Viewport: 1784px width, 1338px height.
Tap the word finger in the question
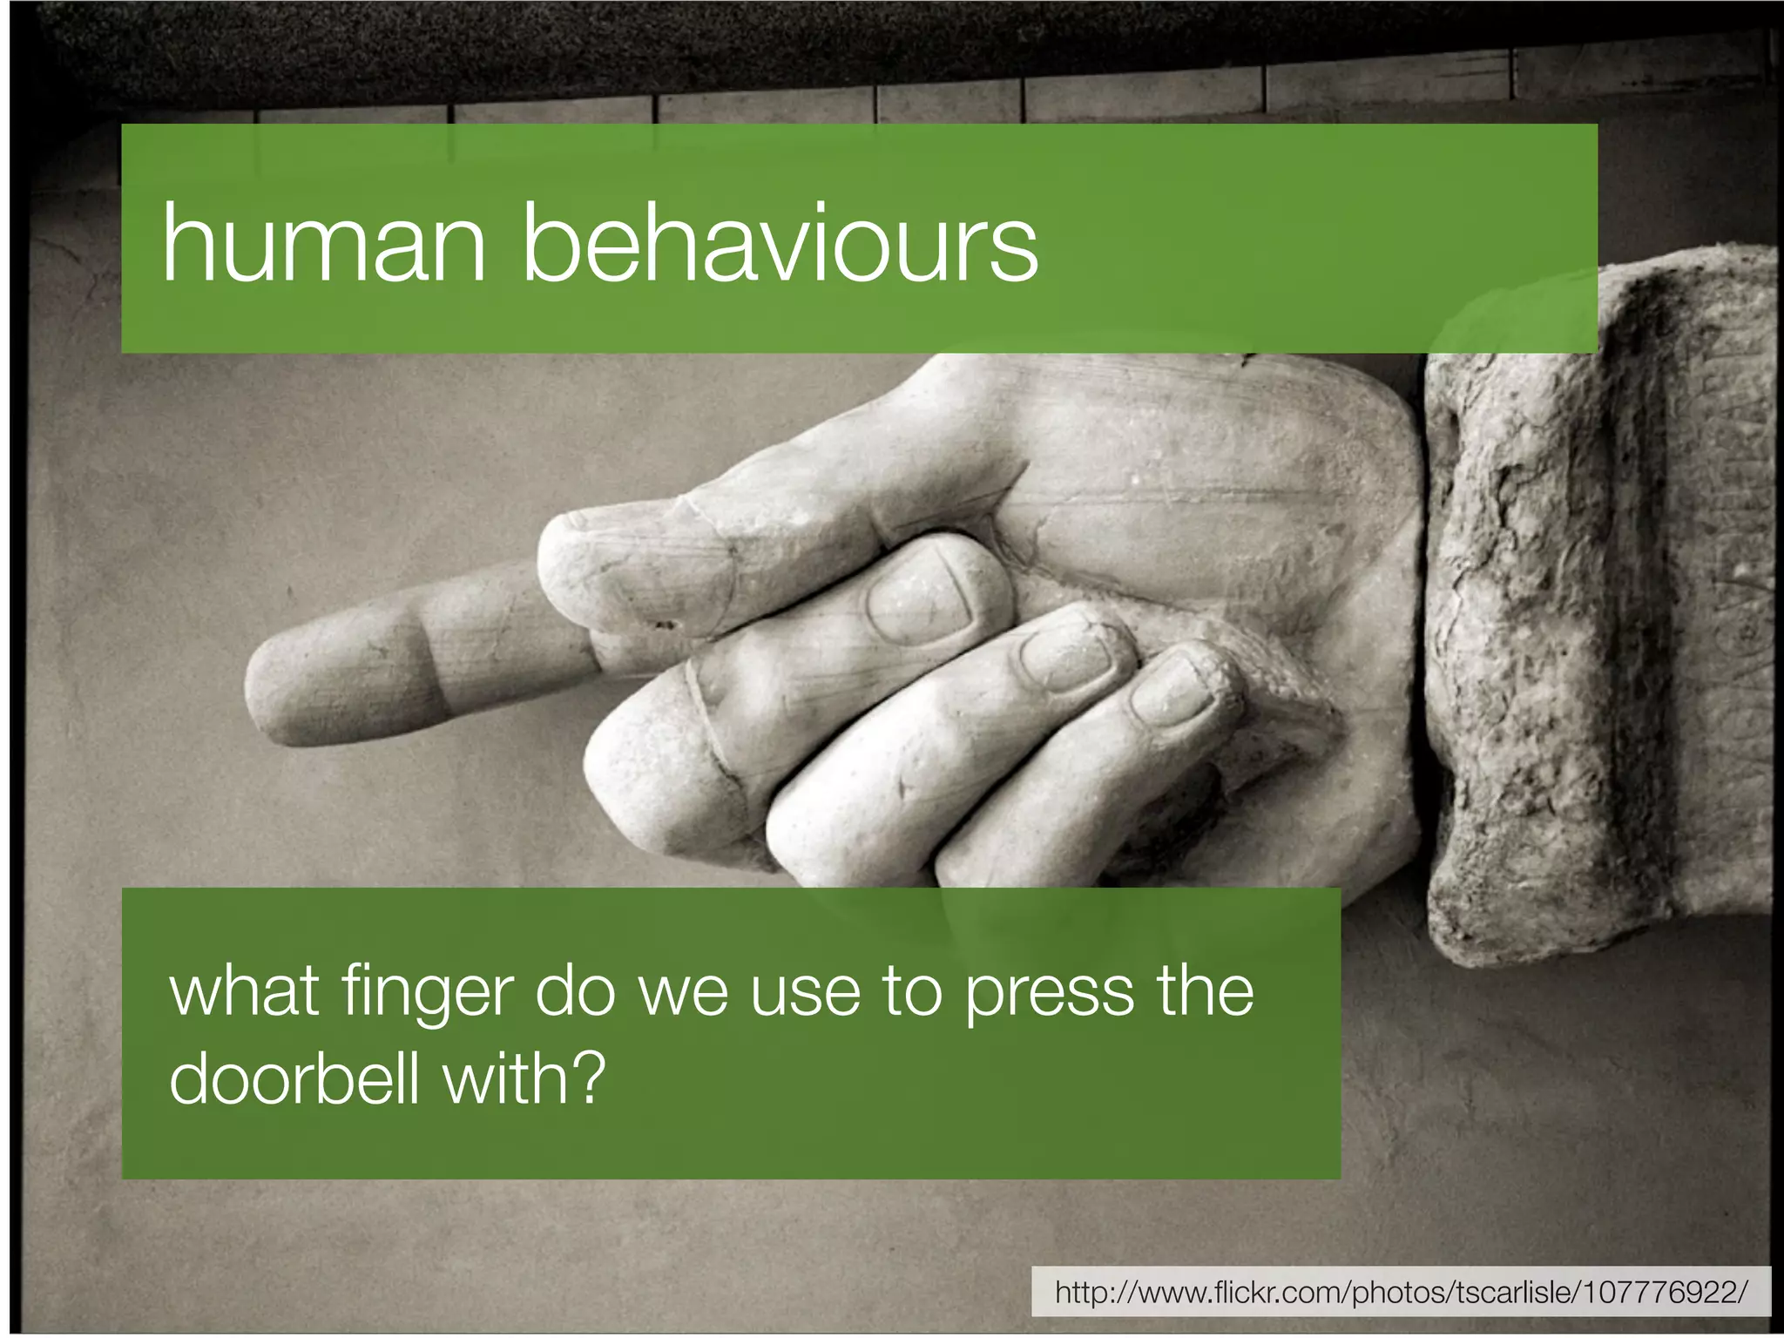coord(428,993)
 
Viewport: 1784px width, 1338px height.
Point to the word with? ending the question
coord(523,1078)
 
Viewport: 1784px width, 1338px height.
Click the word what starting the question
coord(244,993)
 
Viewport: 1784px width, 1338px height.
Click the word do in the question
coord(575,993)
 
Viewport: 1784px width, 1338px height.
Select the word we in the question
coord(683,993)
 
